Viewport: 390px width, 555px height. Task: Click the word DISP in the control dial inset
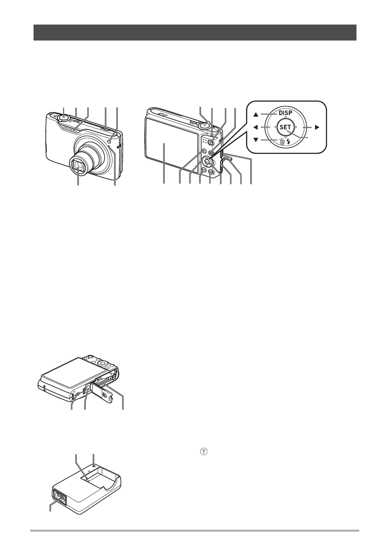click(x=286, y=113)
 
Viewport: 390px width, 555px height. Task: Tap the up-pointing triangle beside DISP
click(x=256, y=115)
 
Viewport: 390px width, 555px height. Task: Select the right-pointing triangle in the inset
click(x=317, y=128)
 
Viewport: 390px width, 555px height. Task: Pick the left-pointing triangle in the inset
click(x=256, y=128)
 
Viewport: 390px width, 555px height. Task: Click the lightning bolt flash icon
click(x=289, y=142)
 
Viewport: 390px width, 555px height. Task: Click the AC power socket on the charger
click(x=60, y=495)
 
